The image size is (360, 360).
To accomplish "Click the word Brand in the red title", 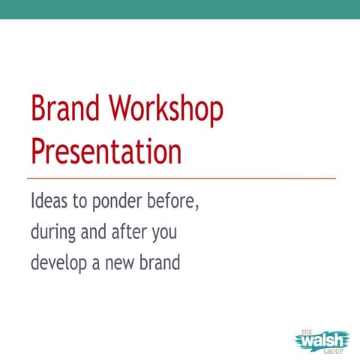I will (x=65, y=110).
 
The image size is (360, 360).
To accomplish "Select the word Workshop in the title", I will (x=166, y=110).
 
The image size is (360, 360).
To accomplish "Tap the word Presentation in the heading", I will (x=106, y=151).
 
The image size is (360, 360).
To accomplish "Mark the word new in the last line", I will (x=124, y=265).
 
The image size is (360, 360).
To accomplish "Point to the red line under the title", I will (x=180, y=178).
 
